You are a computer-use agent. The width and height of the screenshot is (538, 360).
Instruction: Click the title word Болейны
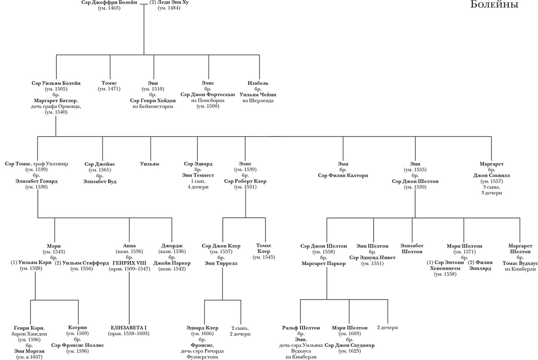click(494, 4)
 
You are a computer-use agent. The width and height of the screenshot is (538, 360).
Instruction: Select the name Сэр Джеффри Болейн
click(109, 2)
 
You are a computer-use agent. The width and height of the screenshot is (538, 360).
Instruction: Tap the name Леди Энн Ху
click(173, 2)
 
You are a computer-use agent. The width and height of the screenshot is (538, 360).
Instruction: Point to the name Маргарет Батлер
click(56, 101)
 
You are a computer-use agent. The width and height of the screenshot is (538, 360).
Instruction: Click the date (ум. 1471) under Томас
click(109, 89)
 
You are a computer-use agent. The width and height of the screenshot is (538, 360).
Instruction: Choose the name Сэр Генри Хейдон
click(153, 101)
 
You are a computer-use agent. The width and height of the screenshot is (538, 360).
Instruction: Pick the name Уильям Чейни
click(258, 94)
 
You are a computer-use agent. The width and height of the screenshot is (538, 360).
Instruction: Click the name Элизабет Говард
click(36, 181)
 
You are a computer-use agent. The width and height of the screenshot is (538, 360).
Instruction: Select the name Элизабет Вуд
click(100, 181)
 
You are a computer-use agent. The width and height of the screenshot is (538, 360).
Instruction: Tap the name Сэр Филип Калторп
click(343, 175)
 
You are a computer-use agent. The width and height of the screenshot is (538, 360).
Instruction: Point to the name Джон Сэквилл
click(491, 175)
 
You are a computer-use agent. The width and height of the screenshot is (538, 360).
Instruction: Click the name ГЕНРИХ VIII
click(129, 263)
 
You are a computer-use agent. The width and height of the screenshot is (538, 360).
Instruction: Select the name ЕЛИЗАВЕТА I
click(128, 327)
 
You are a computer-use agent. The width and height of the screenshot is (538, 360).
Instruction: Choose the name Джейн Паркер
click(172, 263)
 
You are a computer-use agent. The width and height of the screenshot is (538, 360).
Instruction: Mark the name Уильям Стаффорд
click(85, 263)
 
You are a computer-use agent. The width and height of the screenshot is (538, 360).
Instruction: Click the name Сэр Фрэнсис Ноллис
click(77, 345)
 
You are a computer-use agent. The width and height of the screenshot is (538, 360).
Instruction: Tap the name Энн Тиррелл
click(221, 263)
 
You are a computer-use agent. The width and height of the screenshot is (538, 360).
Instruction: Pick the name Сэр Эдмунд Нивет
click(372, 257)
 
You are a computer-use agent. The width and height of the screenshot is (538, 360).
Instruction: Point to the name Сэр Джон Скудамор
click(349, 345)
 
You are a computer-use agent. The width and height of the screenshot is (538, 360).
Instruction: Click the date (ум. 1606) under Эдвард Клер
click(202, 333)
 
